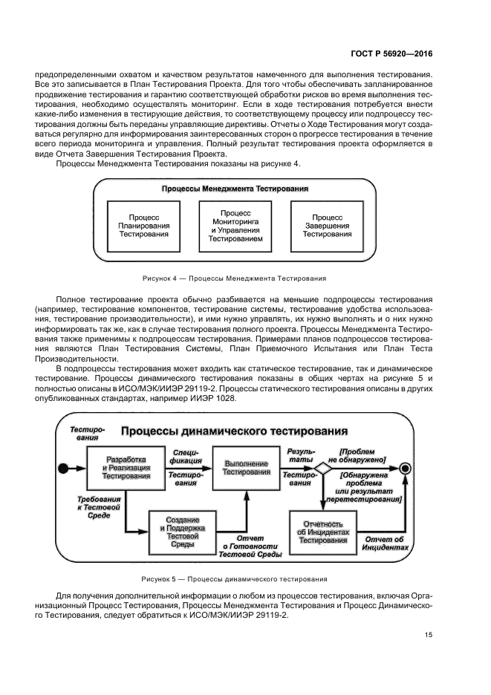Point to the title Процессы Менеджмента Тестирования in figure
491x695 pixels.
click(235, 189)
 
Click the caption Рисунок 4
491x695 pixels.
click(234, 278)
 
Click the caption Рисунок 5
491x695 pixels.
click(235, 578)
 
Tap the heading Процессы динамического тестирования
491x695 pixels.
click(224, 431)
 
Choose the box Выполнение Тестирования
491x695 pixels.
click(247, 468)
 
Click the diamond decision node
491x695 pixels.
click(322, 468)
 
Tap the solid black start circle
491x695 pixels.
click(63, 468)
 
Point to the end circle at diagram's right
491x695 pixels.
click(406, 468)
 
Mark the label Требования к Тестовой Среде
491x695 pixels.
click(95, 507)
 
